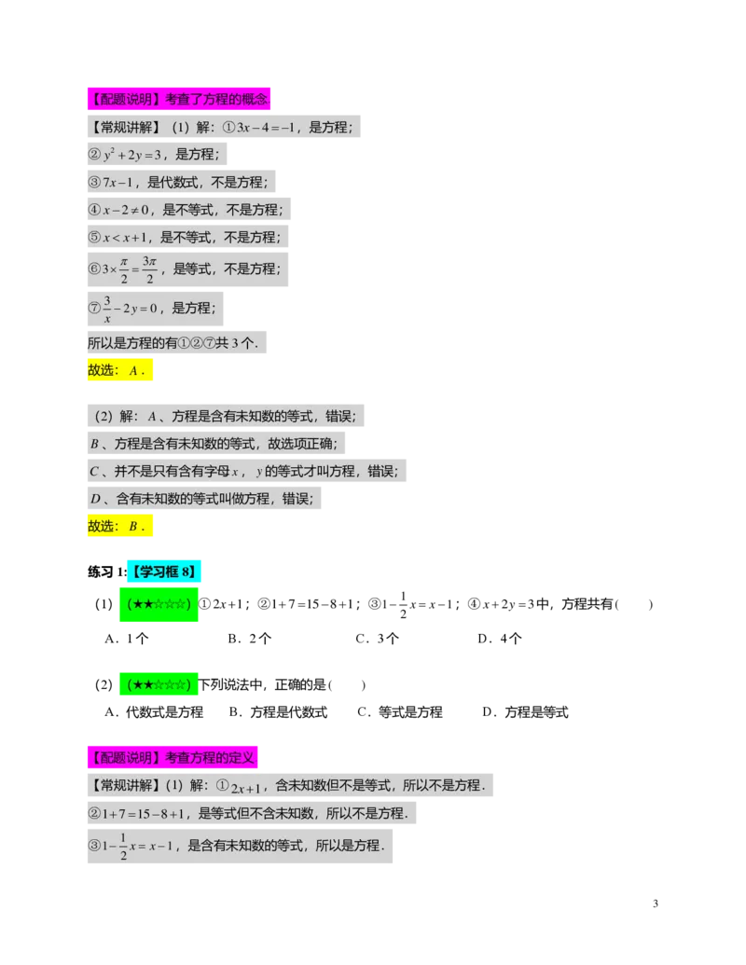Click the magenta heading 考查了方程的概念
click(178, 98)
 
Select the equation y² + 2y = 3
click(132, 155)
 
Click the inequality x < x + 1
click(125, 238)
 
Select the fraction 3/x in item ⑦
click(107, 308)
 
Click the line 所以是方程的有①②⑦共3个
click(176, 344)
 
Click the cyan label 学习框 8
click(163, 572)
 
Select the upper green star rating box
click(157, 604)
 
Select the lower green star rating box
click(157, 685)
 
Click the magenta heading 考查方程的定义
click(172, 757)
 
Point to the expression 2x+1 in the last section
click(247, 786)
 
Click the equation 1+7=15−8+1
click(146, 814)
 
